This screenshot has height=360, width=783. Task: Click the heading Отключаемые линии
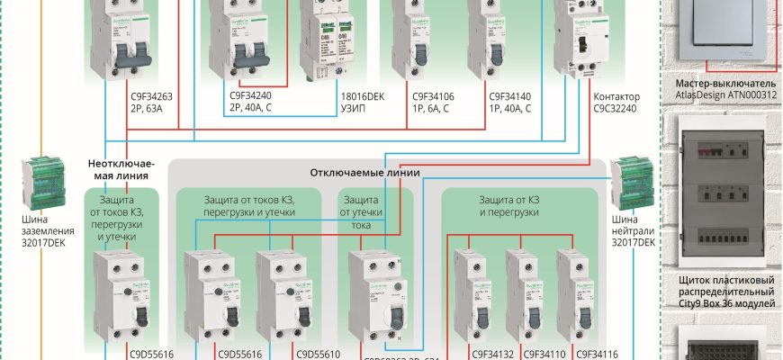365,172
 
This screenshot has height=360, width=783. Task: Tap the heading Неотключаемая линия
122,169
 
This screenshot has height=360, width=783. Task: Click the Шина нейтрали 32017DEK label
631,231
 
